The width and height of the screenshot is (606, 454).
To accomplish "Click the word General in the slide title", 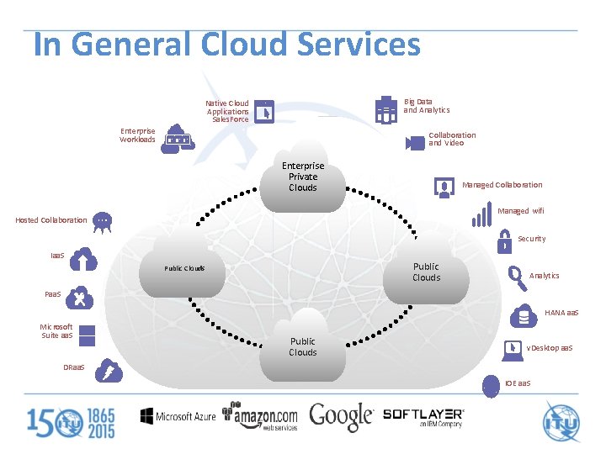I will tap(146, 44).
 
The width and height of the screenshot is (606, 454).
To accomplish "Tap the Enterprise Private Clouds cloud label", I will tap(302, 177).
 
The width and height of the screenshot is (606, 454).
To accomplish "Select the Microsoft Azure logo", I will tap(178, 416).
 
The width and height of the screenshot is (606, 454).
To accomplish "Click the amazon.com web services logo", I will tap(260, 416).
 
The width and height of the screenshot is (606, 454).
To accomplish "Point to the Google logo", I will tap(341, 416).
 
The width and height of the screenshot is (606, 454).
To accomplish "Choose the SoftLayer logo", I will tap(423, 416).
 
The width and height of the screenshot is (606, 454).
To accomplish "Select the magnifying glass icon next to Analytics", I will tap(516, 276).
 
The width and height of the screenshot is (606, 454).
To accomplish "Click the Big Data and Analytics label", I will tap(426, 106).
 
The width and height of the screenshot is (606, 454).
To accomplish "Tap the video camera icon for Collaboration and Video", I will tap(415, 142).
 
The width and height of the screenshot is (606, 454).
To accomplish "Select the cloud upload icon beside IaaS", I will tap(84, 261).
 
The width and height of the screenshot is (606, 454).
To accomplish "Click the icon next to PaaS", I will tap(78, 297).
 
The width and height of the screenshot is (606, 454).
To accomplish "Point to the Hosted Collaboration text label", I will tap(51, 220).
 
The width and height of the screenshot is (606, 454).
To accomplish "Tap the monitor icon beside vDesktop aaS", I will tap(512, 348).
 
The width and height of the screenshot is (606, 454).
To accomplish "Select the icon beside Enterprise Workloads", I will tap(178, 137).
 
